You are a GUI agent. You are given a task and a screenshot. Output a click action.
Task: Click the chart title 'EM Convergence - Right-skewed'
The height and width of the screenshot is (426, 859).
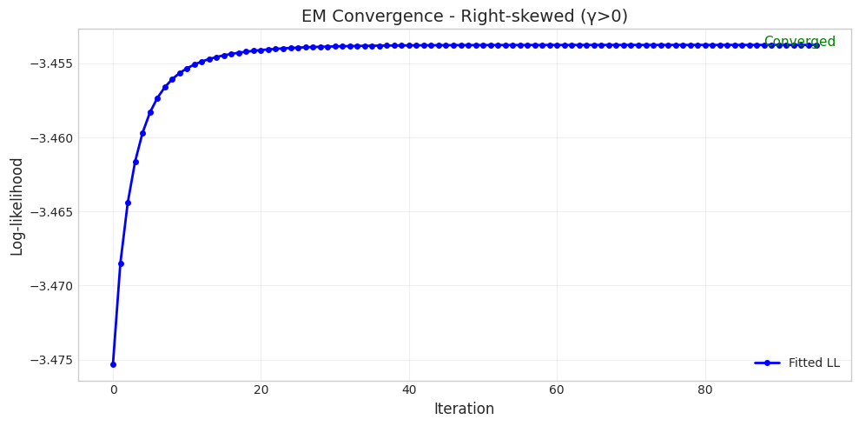point(464,17)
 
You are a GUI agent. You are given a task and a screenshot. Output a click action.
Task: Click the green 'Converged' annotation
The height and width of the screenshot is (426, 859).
point(799,42)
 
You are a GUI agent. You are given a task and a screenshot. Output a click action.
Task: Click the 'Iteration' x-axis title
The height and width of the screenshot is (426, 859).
point(464,409)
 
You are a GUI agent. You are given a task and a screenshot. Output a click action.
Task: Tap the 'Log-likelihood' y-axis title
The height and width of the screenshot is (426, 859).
point(17,206)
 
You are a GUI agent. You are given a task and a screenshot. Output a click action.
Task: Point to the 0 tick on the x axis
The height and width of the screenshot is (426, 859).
point(113,390)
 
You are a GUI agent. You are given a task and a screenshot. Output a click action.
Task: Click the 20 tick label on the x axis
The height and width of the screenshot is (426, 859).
point(261,390)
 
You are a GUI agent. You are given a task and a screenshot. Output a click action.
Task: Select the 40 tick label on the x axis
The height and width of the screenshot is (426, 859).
point(409,390)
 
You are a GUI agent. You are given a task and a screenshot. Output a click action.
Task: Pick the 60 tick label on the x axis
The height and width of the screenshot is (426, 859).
point(558,390)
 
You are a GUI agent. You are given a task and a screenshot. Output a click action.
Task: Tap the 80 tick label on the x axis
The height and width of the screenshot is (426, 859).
point(705,390)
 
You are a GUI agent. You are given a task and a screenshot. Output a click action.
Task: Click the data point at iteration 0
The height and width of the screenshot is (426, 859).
point(113,364)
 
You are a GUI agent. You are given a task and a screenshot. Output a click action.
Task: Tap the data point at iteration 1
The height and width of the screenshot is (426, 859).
point(121,263)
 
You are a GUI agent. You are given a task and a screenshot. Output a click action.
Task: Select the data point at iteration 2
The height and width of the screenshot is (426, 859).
point(128,203)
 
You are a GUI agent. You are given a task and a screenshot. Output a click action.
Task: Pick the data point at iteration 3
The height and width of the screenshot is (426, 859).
point(135,162)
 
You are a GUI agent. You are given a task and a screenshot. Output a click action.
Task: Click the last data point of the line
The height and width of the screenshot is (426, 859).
point(816,45)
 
